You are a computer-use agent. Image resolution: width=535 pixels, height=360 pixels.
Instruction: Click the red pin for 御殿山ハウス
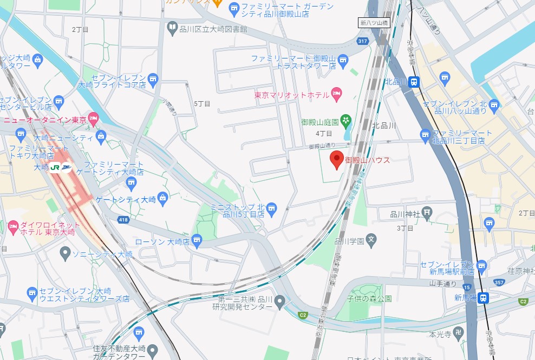(336, 159)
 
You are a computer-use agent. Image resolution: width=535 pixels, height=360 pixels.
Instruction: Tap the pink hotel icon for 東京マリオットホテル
(336, 94)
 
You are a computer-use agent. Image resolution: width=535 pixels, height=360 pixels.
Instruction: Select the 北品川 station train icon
(414, 82)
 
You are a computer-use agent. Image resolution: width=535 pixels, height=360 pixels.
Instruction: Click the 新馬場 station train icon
(484, 297)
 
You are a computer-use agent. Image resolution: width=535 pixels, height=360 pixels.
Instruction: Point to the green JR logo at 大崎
(55, 168)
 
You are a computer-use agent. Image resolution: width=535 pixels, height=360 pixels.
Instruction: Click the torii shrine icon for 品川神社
(427, 213)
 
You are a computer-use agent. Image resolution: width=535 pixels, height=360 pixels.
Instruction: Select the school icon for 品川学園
(371, 239)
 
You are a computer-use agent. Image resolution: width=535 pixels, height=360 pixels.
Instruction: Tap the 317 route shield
(363, 41)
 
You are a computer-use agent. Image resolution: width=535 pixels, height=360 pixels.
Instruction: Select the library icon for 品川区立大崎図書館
(172, 27)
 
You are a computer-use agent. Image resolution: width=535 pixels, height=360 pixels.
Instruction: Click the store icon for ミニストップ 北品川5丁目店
(272, 207)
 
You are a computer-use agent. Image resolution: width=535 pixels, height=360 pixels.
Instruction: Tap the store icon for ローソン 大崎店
(196, 240)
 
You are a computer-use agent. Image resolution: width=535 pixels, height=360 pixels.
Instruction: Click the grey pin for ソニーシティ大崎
(65, 252)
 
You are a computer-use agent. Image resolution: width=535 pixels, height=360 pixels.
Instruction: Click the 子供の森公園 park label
(370, 298)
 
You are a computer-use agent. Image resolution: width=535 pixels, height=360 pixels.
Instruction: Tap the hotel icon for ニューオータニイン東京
(93, 117)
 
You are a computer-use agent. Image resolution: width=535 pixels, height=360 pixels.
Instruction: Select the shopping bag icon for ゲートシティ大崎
(165, 199)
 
